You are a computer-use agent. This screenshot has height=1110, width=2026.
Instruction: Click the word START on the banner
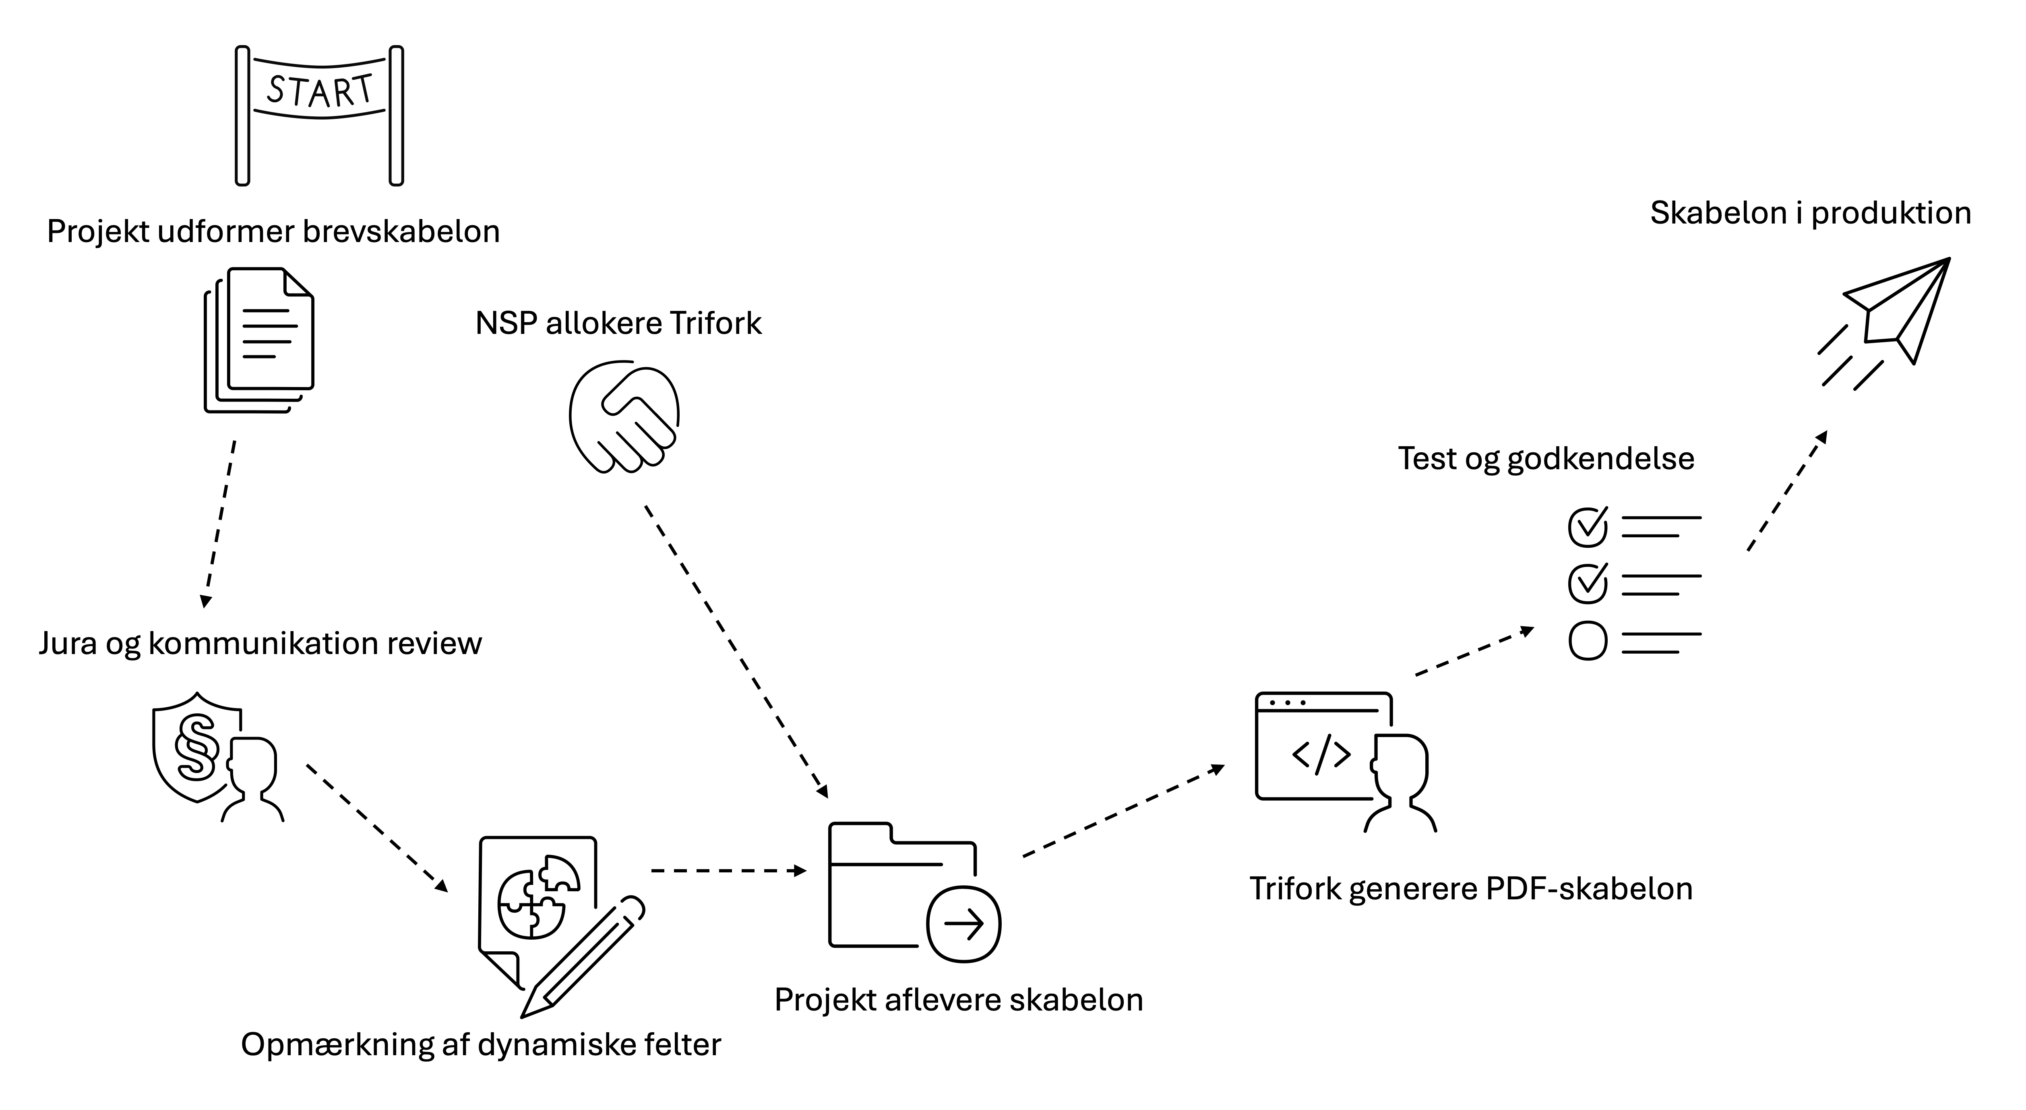[x=319, y=91]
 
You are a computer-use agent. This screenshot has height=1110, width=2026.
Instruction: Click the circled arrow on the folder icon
[x=963, y=924]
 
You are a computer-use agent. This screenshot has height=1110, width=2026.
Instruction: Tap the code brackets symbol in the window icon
[x=1321, y=754]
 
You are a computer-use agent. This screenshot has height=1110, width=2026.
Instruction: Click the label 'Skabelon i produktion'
[x=1811, y=213]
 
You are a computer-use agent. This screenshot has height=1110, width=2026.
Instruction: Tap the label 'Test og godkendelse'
[x=1545, y=459]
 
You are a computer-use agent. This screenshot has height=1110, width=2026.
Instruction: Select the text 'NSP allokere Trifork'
[x=618, y=323]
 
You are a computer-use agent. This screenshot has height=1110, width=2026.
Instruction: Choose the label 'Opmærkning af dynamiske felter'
[x=481, y=1045]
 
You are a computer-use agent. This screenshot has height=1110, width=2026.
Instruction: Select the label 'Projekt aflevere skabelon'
[x=959, y=1000]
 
